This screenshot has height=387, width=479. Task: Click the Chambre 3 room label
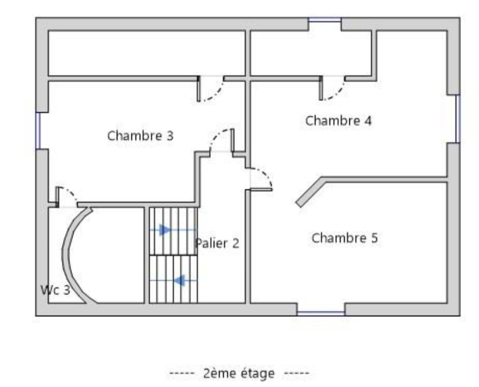coord(140,135)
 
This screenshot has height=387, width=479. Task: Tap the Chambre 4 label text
coord(338,121)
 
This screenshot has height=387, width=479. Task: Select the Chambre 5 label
coord(345,238)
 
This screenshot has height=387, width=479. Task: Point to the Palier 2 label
coord(217,243)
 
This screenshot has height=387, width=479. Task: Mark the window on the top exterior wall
coord(325,20)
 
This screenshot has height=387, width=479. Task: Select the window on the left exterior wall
coord(38,131)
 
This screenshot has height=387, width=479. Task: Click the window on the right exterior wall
coord(458,119)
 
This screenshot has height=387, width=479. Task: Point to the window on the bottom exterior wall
coord(321,314)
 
